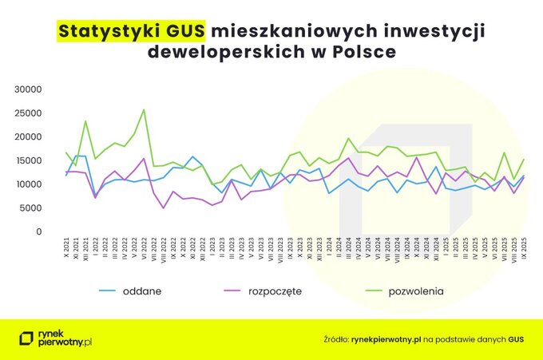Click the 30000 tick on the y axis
31,89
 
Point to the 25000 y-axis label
31,113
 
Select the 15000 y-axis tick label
31,160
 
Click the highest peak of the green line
144,110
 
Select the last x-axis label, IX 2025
525,250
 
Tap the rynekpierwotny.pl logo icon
26,339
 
